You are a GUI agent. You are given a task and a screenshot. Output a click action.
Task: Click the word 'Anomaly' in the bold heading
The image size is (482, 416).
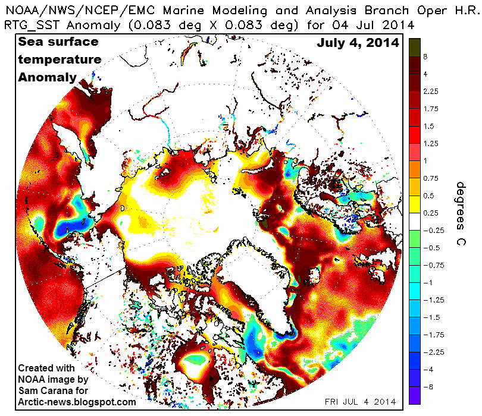coord(47,77)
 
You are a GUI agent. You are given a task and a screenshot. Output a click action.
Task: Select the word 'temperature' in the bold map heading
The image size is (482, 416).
coord(59,60)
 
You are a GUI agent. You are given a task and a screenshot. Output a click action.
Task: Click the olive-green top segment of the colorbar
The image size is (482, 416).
coord(414,47)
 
